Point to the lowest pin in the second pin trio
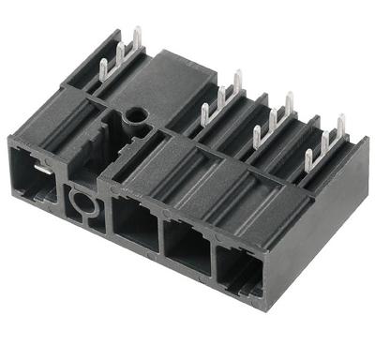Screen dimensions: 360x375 point(205,115)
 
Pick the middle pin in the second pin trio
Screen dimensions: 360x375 point(222,97)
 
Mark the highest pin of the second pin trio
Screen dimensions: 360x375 point(237,82)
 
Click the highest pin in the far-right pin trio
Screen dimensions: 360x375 point(340,124)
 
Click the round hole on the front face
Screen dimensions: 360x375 point(82,201)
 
